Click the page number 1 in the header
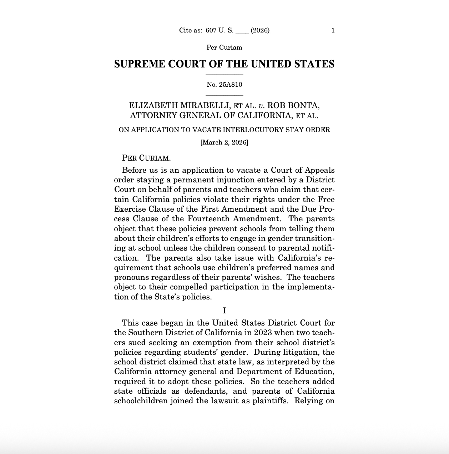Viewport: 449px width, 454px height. coord(333,30)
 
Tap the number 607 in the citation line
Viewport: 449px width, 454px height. coord(211,30)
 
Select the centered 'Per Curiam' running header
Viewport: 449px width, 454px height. coord(224,47)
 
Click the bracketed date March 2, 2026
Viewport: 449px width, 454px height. coord(224,142)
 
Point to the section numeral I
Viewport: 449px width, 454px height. coord(224,311)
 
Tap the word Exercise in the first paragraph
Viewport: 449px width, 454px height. coord(130,209)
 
